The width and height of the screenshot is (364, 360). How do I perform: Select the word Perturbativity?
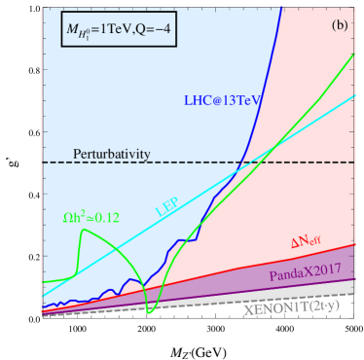[116, 154]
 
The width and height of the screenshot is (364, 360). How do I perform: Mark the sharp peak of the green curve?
[86, 230]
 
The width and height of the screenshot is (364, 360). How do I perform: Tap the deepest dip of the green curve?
[149, 312]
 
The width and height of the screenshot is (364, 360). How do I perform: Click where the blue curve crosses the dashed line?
[241, 162]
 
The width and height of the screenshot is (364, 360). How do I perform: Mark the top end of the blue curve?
[283, 8]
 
